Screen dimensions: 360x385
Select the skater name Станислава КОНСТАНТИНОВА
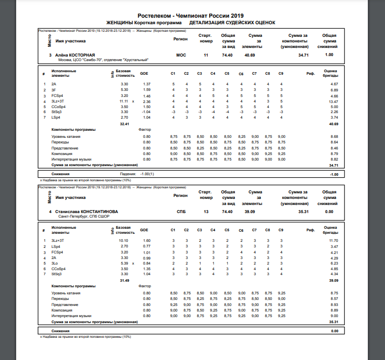(85, 212)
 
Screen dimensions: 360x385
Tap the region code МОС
(180, 55)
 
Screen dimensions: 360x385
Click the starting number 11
(206, 55)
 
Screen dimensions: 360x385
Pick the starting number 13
(206, 212)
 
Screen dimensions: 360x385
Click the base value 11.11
(124, 101)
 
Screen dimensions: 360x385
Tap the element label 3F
(54, 89)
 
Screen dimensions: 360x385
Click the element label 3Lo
(55, 263)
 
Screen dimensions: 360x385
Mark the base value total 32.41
(124, 123)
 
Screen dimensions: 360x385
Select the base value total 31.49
(124, 280)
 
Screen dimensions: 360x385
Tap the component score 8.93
(332, 305)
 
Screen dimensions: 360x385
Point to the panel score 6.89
(333, 89)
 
